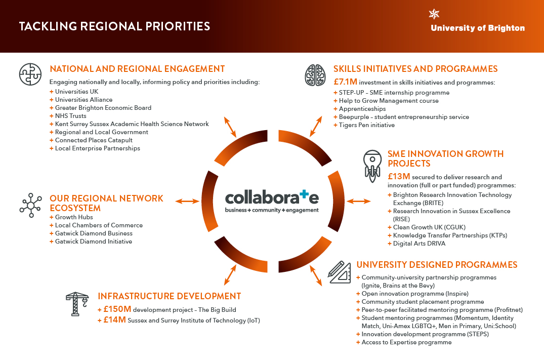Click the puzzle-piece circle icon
click(30, 74)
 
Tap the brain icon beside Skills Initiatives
click(315, 75)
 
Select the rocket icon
click(372, 166)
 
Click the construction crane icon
click(77, 304)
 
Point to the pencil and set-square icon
click(340, 272)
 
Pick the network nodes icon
click(31, 206)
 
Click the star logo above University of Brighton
click(434, 14)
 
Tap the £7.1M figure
click(345, 82)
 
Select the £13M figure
click(399, 176)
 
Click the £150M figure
click(117, 309)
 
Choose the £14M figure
click(114, 319)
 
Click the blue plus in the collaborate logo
click(304, 194)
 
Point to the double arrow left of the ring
click(187, 201)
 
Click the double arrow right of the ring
click(359, 201)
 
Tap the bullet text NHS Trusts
click(71, 116)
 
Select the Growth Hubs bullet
click(74, 217)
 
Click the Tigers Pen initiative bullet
click(367, 125)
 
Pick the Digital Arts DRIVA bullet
click(419, 244)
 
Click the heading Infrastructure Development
click(170, 296)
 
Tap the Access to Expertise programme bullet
click(407, 342)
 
